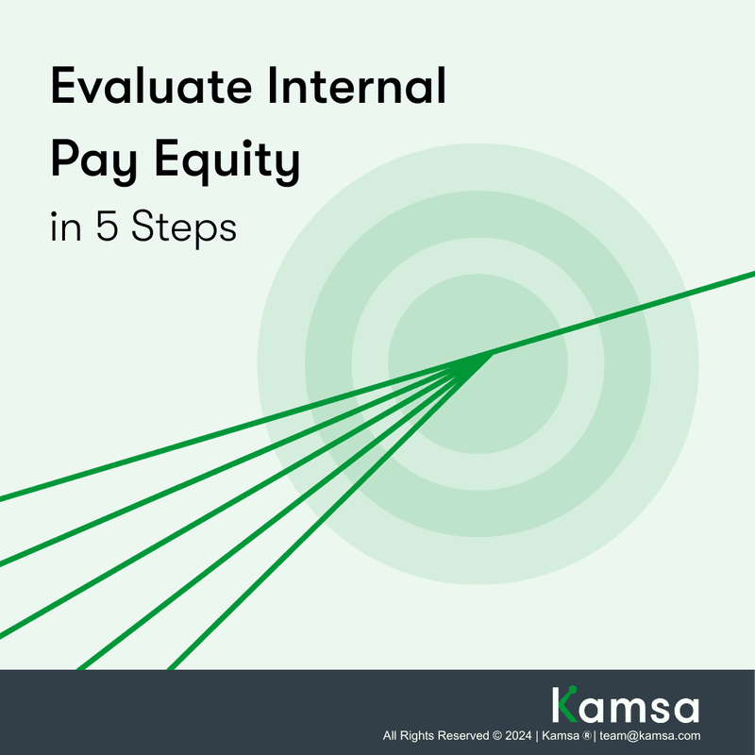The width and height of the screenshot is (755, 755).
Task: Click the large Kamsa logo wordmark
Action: [x=625, y=706]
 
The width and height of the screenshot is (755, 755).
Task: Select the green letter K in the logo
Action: [x=564, y=706]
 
